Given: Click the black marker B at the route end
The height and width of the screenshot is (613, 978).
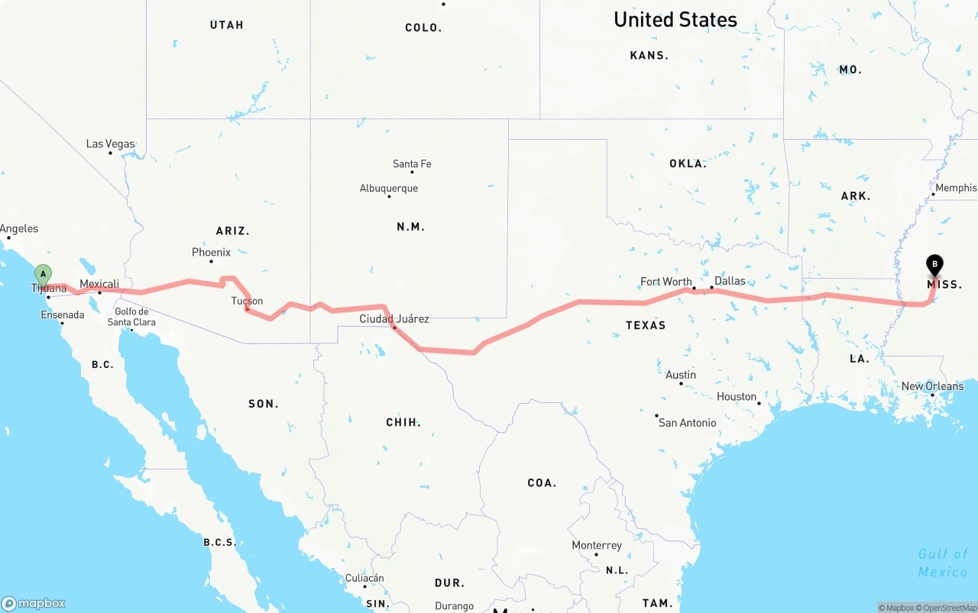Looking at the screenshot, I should click(x=934, y=265).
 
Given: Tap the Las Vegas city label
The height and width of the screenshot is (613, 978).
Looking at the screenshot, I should click(x=110, y=144).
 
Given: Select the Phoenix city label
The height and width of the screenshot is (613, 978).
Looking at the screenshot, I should click(x=211, y=252).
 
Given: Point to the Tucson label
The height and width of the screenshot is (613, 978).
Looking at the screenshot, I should click(x=247, y=301).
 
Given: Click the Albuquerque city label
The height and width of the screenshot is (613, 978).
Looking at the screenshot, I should click(x=389, y=189).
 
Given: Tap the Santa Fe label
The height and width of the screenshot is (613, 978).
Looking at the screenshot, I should click(x=412, y=163).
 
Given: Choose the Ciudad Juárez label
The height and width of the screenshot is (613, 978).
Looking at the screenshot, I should click(x=394, y=318).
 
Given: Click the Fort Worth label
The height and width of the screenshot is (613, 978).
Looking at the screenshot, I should click(x=666, y=282).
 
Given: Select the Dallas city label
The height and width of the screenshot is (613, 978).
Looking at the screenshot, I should click(x=730, y=281).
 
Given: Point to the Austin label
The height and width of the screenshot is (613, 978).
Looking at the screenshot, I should click(x=681, y=375).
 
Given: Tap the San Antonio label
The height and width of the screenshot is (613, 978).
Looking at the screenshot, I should click(x=688, y=422).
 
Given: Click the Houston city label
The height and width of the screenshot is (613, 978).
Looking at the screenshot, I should click(x=737, y=396).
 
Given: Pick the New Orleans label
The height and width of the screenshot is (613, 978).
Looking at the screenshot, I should click(x=932, y=386).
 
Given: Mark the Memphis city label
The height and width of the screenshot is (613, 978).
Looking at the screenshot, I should click(x=956, y=188).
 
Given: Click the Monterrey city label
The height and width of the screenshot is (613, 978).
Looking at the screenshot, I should click(x=597, y=545).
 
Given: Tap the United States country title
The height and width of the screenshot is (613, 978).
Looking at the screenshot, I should click(x=675, y=20).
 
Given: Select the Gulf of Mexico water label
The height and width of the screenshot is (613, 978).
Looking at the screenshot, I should click(x=943, y=563).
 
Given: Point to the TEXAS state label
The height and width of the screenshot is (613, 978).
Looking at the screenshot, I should click(x=646, y=325).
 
